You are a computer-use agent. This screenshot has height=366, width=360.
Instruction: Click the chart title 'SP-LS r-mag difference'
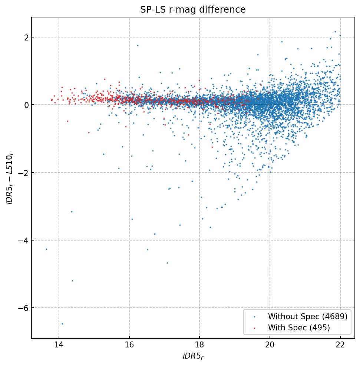(193, 10)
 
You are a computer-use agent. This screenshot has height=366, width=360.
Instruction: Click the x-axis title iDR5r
(193, 357)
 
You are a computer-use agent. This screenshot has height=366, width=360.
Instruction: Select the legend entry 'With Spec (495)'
(299, 327)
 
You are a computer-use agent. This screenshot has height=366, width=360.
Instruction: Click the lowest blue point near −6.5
(62, 324)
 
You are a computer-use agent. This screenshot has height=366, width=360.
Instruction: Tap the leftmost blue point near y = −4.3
(46, 249)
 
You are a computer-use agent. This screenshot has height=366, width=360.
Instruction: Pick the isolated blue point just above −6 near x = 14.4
(72, 281)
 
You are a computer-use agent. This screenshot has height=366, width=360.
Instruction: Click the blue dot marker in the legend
(254, 317)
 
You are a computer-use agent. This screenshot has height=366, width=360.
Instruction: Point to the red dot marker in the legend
(254, 327)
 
